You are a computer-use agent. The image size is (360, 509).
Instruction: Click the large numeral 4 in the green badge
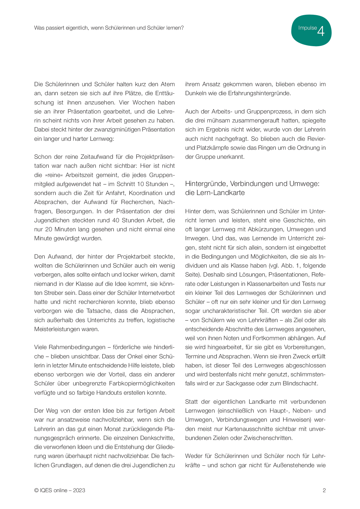321,31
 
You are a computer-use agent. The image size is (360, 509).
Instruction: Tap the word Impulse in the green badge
307,28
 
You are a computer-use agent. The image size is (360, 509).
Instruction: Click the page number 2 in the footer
324,490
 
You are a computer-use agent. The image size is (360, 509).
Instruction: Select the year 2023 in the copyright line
79,490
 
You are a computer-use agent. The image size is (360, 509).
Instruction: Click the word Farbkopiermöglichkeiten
142,383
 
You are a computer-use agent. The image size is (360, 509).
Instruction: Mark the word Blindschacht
300,383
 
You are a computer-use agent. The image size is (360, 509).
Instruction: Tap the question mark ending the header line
182,28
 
